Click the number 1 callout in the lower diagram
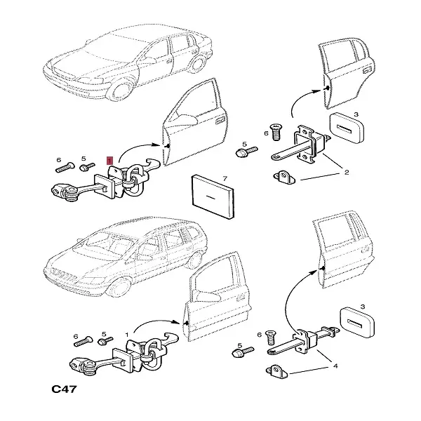(126, 336)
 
